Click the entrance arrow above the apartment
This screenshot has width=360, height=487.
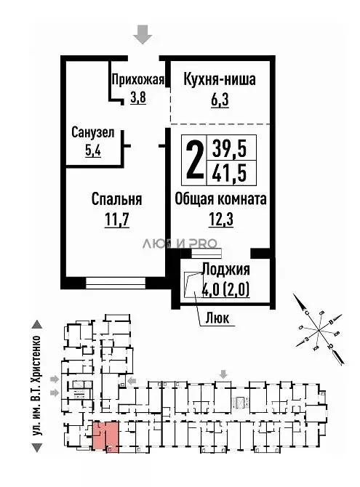coord(144,33)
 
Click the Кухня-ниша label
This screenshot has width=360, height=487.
coord(219,80)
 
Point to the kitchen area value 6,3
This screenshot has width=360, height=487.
coord(219,101)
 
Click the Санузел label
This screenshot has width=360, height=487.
coord(92,133)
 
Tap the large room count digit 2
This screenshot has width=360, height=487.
coord(193,161)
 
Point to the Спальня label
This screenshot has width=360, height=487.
coord(116,199)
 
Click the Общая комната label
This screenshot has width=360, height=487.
coord(220,199)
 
